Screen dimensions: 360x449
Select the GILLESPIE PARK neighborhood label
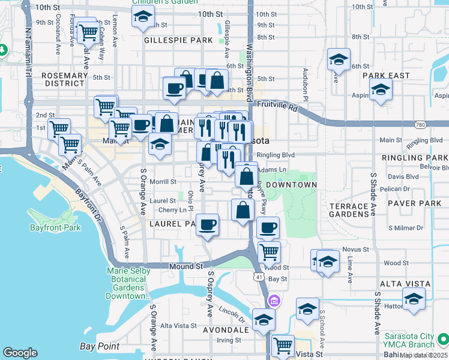point(178,40)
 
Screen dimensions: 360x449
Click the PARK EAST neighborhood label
point(386,76)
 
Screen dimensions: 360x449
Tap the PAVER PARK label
point(415,203)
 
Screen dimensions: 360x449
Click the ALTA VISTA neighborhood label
point(404,283)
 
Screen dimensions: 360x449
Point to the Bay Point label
point(100,346)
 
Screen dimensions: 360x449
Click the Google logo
point(20,353)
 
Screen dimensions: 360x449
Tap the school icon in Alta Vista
point(414,299)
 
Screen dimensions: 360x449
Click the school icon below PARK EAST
point(380,90)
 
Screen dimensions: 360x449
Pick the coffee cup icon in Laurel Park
point(208,225)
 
